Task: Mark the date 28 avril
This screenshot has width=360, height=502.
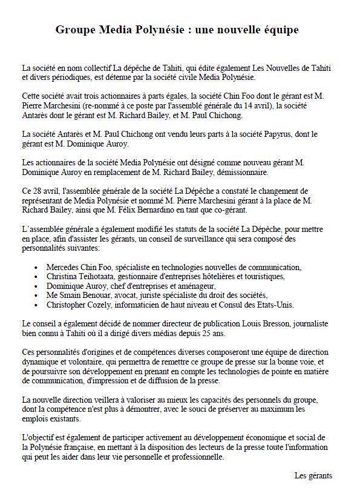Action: pos(44,192)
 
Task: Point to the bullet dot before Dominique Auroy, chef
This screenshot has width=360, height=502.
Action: pos(39,286)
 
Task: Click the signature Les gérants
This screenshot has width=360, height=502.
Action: pos(313,476)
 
